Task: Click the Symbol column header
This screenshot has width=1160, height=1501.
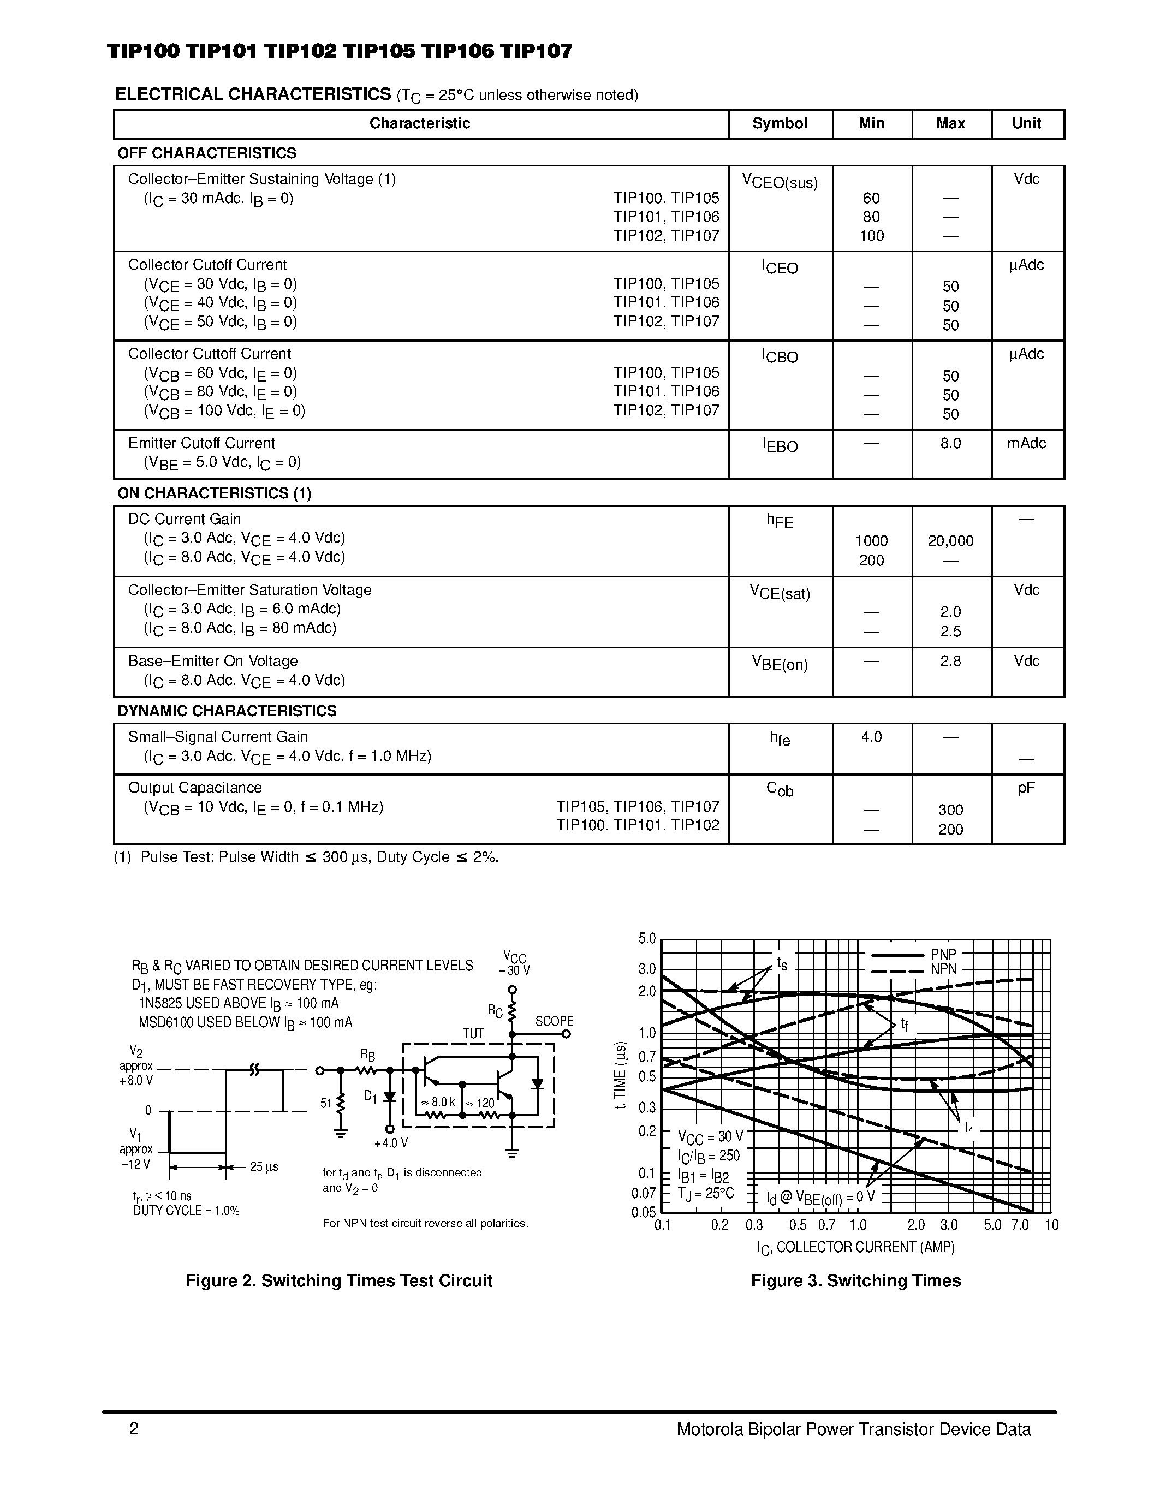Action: coord(780,124)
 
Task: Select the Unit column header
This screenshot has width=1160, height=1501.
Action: coord(1026,124)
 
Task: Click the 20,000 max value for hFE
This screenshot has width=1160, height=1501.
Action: coord(950,541)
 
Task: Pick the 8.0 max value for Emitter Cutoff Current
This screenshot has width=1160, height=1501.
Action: coord(950,444)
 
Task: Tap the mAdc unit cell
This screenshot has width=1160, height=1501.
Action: coord(1026,444)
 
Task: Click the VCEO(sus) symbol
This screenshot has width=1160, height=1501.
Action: coord(780,182)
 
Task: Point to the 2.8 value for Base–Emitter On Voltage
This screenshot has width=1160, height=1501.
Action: coord(950,661)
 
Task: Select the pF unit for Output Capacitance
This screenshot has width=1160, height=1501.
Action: coord(1026,788)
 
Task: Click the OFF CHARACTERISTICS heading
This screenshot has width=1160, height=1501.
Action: coord(207,153)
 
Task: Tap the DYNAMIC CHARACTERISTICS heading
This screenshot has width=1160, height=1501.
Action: coord(227,711)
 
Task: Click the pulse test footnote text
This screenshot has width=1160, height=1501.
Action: coord(306,857)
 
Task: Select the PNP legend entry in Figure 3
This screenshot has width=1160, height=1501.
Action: coord(943,955)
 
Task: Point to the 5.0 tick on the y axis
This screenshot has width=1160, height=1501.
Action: coord(647,939)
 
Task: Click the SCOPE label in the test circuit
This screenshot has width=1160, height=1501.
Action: coord(554,1021)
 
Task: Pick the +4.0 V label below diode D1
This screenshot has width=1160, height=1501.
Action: coord(391,1143)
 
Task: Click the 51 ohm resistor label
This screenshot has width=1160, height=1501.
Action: coord(326,1104)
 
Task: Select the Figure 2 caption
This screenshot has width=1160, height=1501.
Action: coord(339,1281)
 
